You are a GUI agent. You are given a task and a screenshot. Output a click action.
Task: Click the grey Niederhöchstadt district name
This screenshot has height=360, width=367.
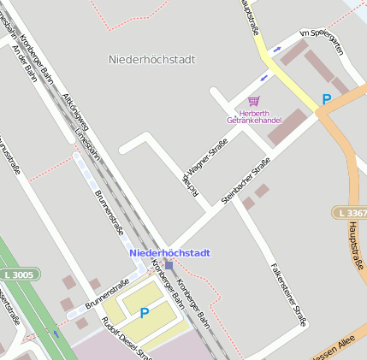pyautogui.click(x=152, y=60)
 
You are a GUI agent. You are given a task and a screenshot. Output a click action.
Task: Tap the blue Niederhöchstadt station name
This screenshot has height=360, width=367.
pyautogui.click(x=169, y=253)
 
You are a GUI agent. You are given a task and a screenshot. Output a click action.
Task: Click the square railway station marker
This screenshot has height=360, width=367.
pyautogui.click(x=169, y=265)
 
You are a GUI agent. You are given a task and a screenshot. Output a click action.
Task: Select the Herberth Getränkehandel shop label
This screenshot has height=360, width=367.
pyautogui.click(x=254, y=116)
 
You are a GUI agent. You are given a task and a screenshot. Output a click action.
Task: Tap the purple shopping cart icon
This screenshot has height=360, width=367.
pyautogui.click(x=253, y=101)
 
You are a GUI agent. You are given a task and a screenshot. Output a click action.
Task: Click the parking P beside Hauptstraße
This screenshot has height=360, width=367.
pyautogui.click(x=326, y=100)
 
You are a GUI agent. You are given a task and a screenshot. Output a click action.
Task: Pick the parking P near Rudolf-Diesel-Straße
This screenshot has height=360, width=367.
pyautogui.click(x=144, y=313)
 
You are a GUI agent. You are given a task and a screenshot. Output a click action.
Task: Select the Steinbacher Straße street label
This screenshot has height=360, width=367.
pyautogui.click(x=246, y=180)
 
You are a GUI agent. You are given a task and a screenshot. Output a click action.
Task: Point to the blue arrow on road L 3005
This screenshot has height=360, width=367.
pyautogui.click(x=56, y=333)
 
